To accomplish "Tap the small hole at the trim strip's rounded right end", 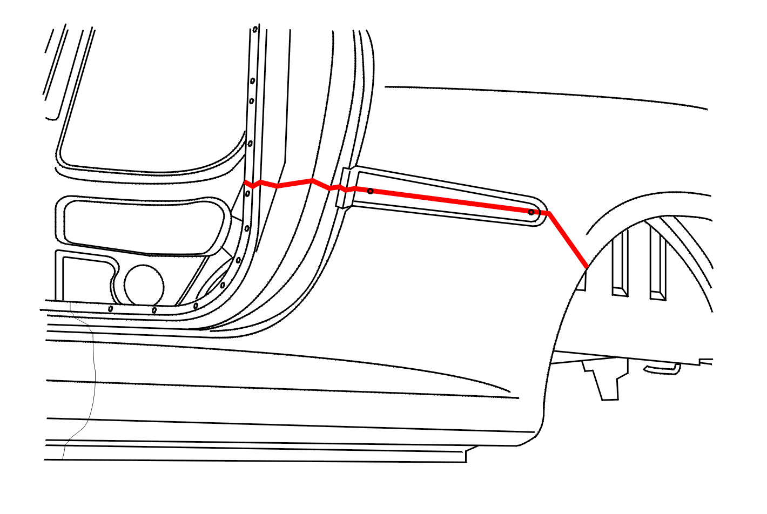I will [531, 212].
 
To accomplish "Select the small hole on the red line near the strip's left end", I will [370, 191].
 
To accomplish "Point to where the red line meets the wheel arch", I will [587, 267].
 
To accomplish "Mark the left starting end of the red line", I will [245, 182].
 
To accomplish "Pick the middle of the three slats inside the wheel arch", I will [620, 265].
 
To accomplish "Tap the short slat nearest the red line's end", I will [581, 281].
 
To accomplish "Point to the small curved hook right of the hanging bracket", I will [662, 369].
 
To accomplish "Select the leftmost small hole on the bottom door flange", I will [111, 309].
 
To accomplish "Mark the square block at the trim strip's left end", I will [344, 188].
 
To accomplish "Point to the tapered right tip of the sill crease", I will [508, 390].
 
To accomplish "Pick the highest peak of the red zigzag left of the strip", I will [312, 180].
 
